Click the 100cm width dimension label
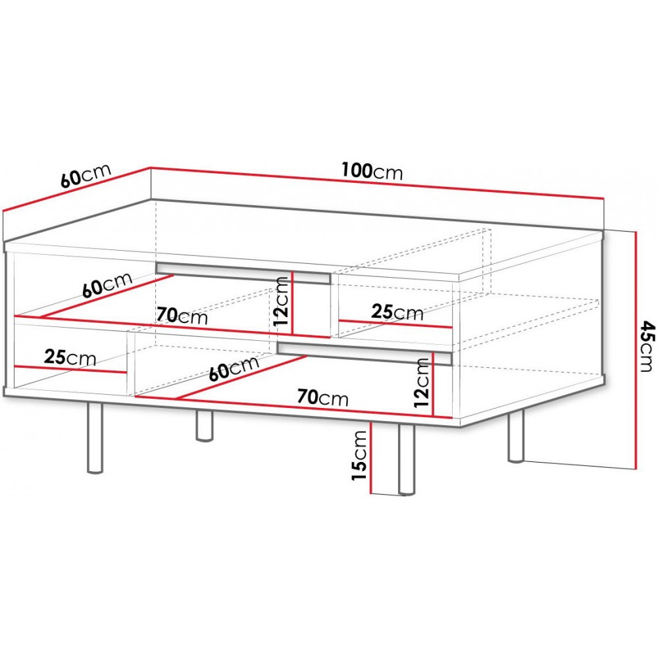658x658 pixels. (372, 171)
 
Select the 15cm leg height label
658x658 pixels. (360, 456)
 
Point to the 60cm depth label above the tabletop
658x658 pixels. (86, 175)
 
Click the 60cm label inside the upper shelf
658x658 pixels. (107, 285)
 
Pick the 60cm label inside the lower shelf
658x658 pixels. (234, 368)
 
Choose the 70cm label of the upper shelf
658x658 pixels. (182, 316)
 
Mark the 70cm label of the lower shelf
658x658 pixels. (322, 397)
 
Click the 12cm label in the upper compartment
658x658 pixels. (281, 302)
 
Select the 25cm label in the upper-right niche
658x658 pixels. (397, 312)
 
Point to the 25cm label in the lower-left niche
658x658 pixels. (70, 358)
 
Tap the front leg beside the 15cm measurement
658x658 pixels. (406, 459)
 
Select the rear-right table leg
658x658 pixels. (516, 436)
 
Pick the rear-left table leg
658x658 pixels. (205, 426)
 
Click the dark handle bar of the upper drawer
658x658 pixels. (243, 274)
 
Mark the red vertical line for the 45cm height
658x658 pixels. (637, 350)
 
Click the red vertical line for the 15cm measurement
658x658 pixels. (371, 457)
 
